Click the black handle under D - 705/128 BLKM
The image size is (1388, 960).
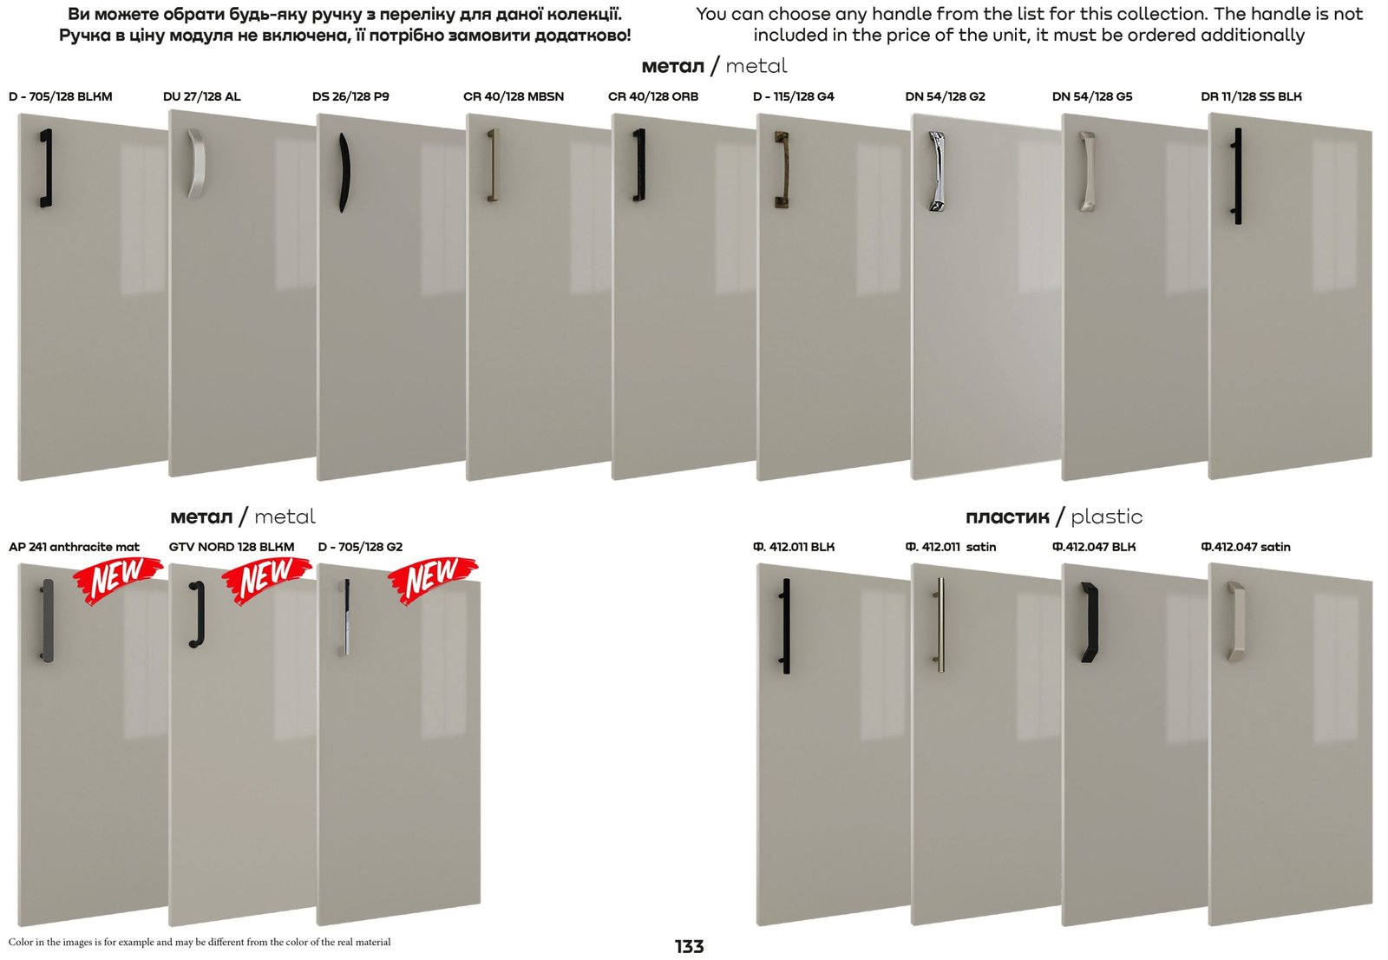click(x=47, y=168)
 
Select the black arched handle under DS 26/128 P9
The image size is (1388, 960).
click(x=344, y=173)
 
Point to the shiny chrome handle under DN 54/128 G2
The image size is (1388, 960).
click(x=936, y=171)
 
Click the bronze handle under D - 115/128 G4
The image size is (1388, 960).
click(x=782, y=169)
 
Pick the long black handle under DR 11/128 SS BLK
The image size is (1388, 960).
click(x=1237, y=175)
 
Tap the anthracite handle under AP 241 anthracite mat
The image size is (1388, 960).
click(x=48, y=621)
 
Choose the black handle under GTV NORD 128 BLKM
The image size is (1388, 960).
click(x=198, y=615)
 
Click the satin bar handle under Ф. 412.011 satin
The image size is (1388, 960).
click(x=940, y=625)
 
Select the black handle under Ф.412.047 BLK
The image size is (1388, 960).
click(x=1090, y=622)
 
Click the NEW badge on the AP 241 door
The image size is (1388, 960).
click(x=118, y=579)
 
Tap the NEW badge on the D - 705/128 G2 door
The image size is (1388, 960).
click(x=433, y=579)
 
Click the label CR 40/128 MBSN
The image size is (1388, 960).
click(x=513, y=96)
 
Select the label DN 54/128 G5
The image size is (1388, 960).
click(x=1092, y=96)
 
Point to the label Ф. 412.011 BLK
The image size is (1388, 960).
click(x=794, y=547)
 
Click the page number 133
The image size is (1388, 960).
click(x=689, y=946)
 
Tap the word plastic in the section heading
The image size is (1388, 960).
click(x=1107, y=516)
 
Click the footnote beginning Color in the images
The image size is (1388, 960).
click(x=200, y=942)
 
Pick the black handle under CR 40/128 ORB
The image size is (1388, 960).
click(x=639, y=164)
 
